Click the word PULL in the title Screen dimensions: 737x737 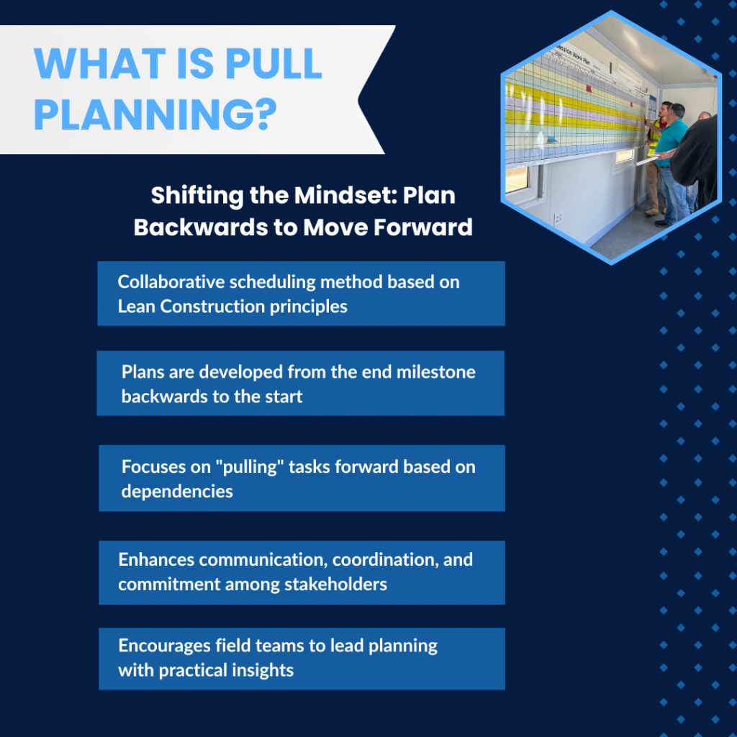click(x=273, y=63)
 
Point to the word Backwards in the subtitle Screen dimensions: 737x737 click(x=201, y=227)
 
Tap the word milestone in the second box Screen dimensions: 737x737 click(x=435, y=372)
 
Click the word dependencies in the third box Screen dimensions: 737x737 click(x=177, y=491)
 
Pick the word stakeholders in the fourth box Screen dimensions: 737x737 click(x=335, y=584)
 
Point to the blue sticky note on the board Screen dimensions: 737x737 click(x=552, y=139)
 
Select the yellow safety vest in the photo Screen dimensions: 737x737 click(x=655, y=136)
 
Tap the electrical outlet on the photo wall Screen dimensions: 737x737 click(x=559, y=219)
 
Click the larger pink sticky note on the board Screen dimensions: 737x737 click(x=589, y=89)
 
